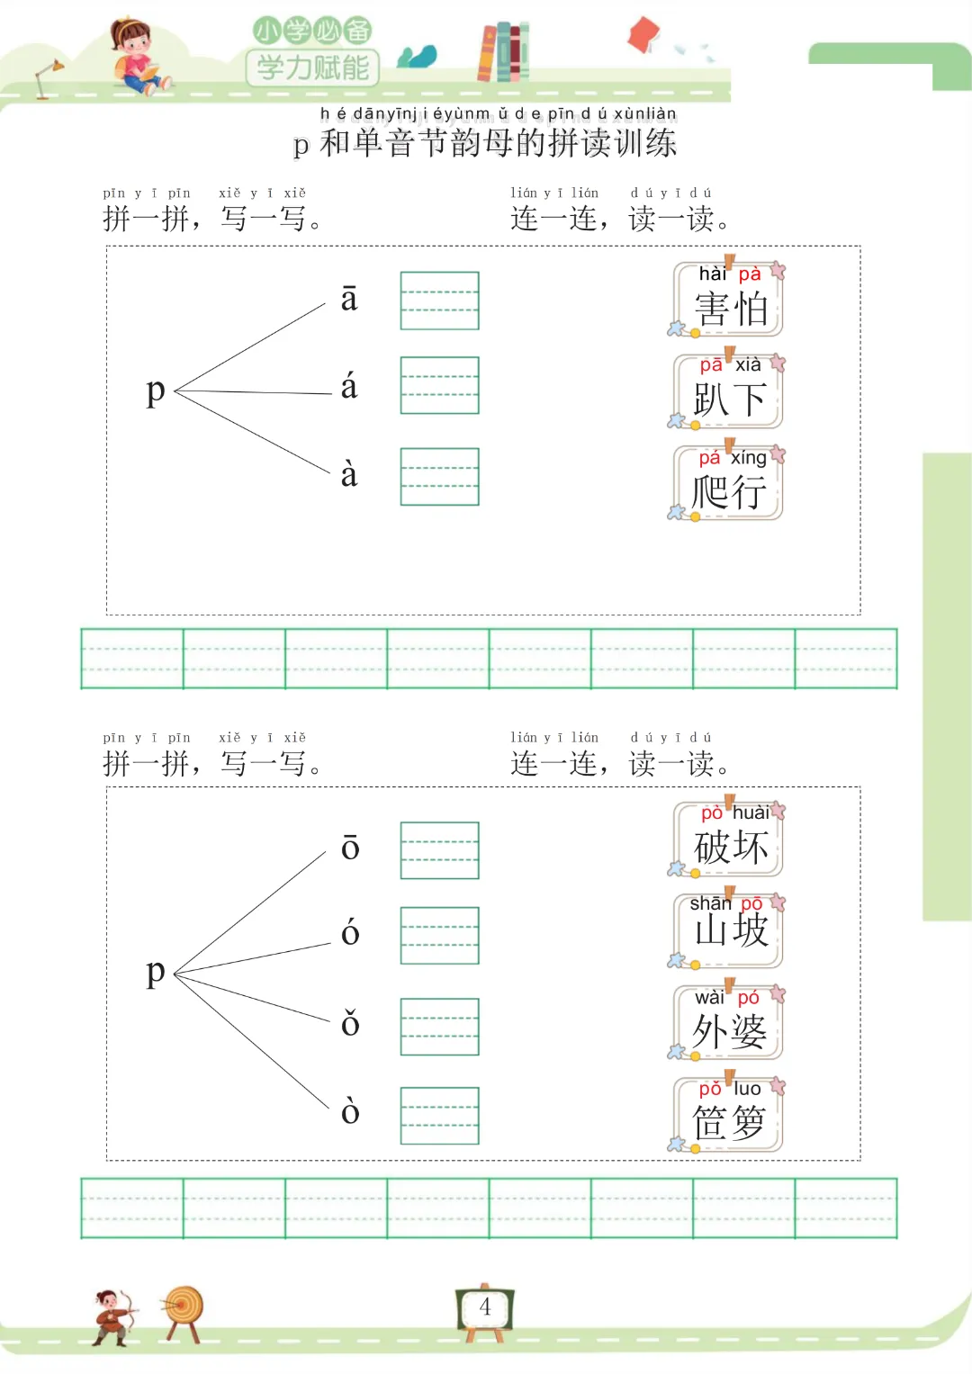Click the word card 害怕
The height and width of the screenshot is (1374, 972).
click(729, 300)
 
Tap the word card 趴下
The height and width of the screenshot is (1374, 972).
click(729, 391)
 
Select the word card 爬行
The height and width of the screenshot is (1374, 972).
click(729, 483)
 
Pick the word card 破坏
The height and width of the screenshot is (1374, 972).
click(729, 840)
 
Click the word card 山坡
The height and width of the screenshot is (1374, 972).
click(729, 929)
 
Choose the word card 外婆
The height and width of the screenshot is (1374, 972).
click(729, 1022)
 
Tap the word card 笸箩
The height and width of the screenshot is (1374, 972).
click(729, 1114)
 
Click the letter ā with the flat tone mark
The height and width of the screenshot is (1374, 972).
click(349, 300)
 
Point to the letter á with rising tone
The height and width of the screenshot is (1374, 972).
click(349, 387)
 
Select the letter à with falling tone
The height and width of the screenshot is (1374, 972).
click(349, 474)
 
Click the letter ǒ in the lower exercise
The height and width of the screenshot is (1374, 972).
click(350, 1023)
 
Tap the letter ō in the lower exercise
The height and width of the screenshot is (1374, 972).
click(350, 848)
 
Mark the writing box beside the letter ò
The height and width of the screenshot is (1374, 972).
click(439, 1116)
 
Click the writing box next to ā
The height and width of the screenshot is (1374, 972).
click(439, 301)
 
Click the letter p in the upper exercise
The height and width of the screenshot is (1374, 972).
click(156, 391)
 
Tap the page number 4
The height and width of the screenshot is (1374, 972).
click(485, 1307)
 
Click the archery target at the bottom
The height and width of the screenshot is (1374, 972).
click(184, 1309)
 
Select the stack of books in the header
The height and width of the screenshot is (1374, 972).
click(503, 51)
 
